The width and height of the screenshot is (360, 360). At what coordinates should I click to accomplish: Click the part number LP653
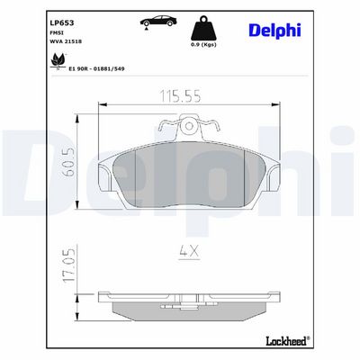point(61,22)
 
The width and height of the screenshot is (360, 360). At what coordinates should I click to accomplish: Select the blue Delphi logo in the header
point(274,30)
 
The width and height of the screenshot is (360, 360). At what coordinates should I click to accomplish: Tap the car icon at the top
point(158,22)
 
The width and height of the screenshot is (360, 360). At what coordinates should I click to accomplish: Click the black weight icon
point(203,29)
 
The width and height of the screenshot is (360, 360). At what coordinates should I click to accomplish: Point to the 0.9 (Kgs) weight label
point(203,44)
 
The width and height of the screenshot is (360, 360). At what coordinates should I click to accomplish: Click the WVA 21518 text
point(66,41)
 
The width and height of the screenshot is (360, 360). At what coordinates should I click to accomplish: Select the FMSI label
point(54,32)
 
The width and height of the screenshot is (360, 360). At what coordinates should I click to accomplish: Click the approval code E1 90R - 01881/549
point(96,68)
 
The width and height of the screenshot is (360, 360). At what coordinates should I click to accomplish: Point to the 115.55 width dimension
point(180,96)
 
